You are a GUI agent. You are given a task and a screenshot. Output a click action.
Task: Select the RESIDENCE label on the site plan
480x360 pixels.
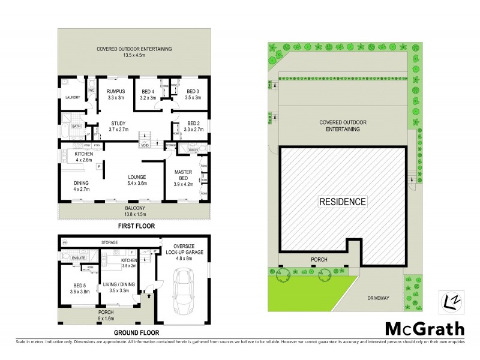tap(342, 201)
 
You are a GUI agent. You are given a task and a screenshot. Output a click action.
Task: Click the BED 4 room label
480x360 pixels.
tap(148, 92)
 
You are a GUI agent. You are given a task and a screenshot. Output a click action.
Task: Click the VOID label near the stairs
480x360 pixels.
tap(145, 145)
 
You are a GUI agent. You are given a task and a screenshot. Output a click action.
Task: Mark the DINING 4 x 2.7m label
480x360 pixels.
tap(81, 187)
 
